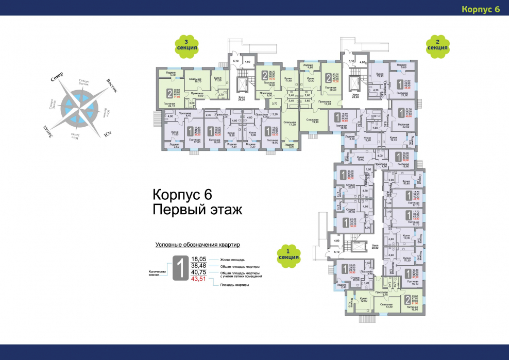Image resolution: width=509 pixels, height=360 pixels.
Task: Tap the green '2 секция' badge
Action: (x=437, y=45)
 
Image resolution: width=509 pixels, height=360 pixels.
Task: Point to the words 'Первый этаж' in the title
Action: (x=196, y=210)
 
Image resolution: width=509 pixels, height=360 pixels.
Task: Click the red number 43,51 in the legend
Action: (x=199, y=279)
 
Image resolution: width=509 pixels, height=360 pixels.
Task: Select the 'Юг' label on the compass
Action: (x=108, y=134)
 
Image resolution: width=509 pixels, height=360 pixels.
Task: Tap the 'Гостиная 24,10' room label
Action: (x=169, y=105)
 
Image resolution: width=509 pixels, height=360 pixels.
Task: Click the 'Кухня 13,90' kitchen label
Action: (x=381, y=75)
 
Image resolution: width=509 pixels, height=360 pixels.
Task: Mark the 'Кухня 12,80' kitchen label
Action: (x=363, y=299)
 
